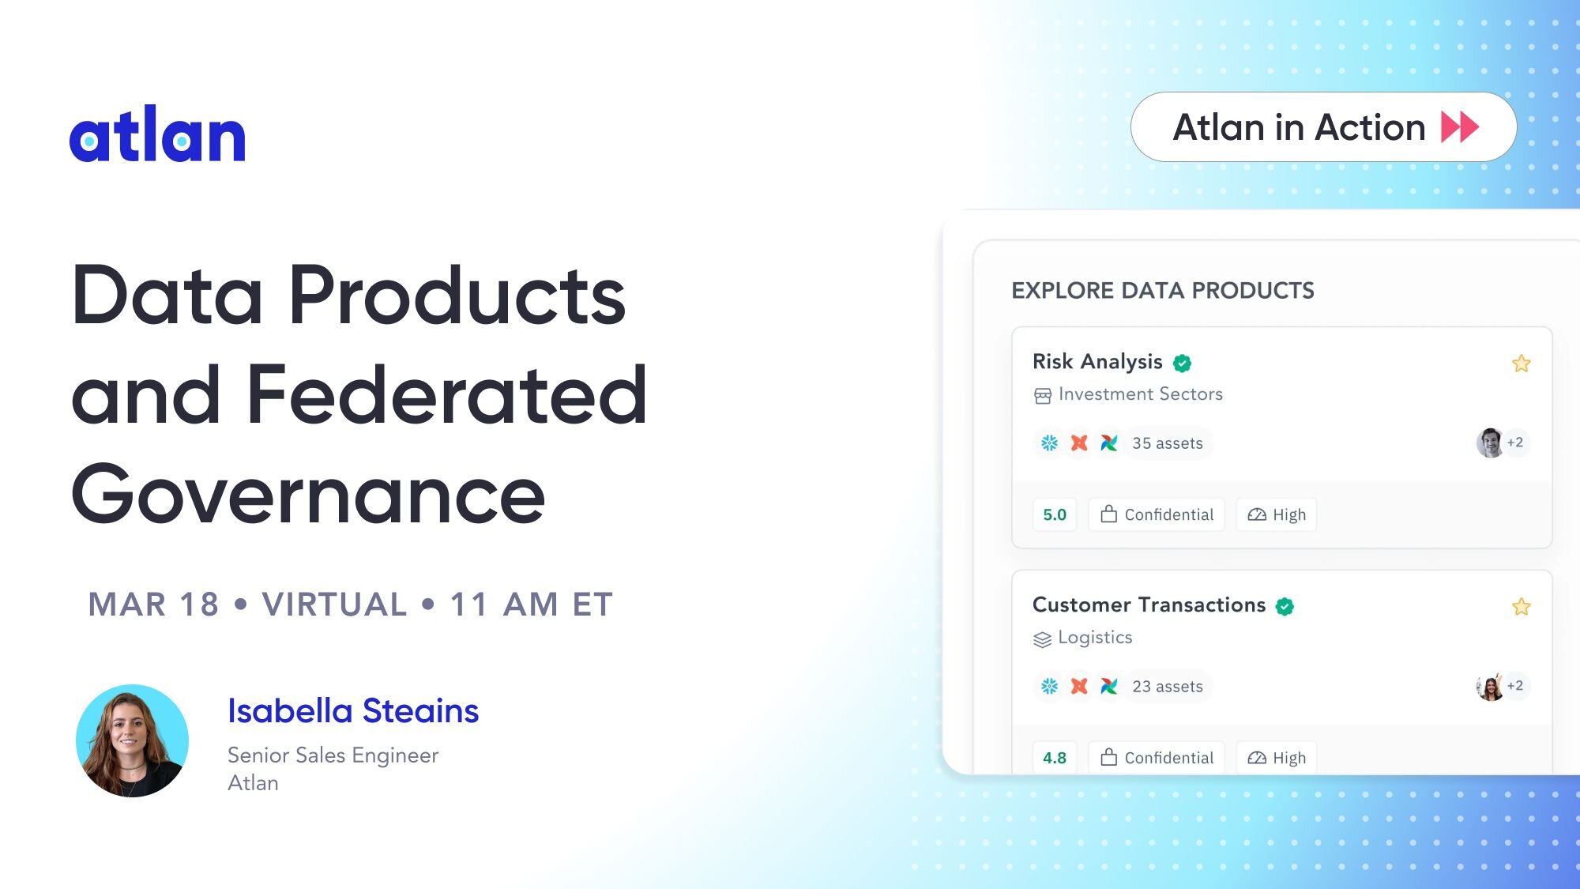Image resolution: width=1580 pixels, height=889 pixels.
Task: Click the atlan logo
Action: click(157, 134)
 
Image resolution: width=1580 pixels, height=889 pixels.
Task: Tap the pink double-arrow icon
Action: click(1460, 127)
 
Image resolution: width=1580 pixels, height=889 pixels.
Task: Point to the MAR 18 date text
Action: click(153, 605)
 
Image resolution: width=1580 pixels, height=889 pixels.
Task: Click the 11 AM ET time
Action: click(531, 605)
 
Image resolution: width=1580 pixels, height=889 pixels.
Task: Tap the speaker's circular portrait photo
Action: click(132, 740)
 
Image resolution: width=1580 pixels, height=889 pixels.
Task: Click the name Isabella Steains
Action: click(353, 710)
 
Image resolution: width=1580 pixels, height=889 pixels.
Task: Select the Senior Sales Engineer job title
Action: click(333, 755)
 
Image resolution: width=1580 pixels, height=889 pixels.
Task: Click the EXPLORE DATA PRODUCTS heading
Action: click(1163, 291)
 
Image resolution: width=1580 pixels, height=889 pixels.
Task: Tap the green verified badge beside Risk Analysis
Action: click(1182, 363)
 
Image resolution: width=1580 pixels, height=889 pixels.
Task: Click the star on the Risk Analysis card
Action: click(1522, 364)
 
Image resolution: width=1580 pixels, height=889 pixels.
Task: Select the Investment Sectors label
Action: click(1140, 394)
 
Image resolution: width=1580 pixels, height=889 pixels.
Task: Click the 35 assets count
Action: click(1168, 443)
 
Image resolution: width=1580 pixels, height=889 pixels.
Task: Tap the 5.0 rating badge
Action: click(1055, 514)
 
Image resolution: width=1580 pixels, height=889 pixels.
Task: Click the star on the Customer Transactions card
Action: click(1522, 607)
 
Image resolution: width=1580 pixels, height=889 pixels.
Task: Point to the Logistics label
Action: click(1095, 637)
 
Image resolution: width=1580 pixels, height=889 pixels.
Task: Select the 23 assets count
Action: click(1168, 687)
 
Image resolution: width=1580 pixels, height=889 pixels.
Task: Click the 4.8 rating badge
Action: click(1055, 758)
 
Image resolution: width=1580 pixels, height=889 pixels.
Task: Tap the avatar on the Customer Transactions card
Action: click(1490, 686)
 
